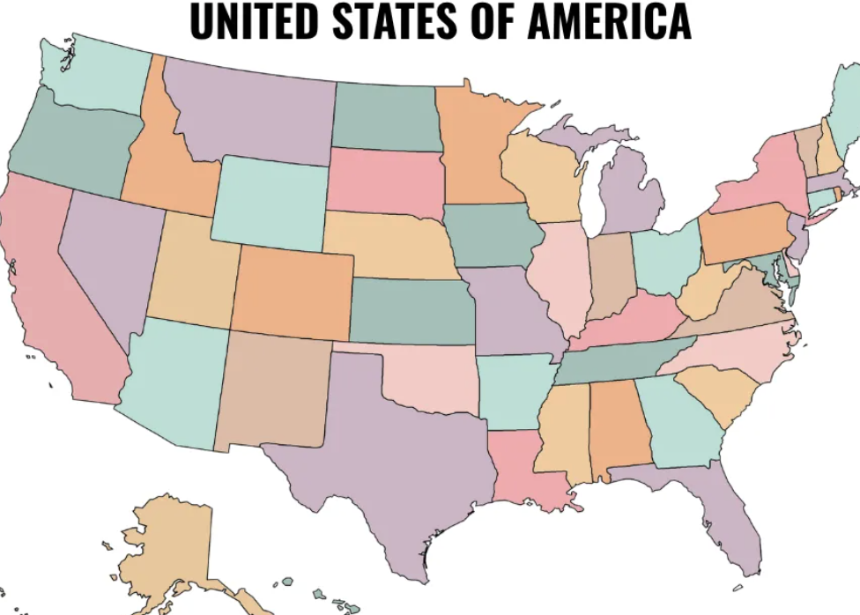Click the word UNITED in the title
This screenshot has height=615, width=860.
[x=249, y=21]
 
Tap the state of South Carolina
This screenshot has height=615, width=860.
[x=717, y=391]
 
